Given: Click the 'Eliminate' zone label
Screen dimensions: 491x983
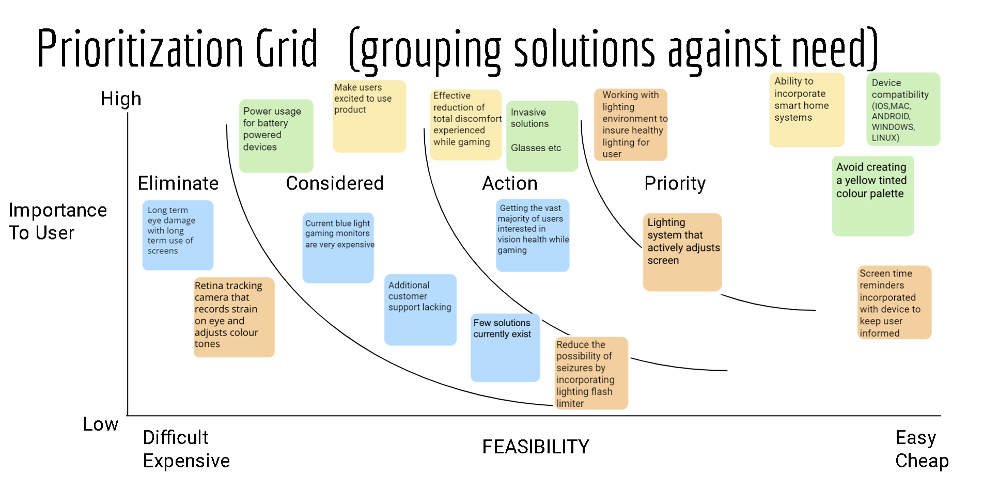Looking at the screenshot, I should click(178, 183).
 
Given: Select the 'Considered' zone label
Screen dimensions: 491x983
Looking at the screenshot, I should click(335, 183).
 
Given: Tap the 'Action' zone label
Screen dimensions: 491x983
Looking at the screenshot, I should click(510, 183).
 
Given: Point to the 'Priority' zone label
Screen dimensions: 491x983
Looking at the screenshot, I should click(675, 183).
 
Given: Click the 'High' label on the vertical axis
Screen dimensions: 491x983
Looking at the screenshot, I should click(121, 99).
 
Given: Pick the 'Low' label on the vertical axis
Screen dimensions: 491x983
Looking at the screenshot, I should click(101, 424).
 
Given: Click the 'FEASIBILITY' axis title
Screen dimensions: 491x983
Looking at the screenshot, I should click(536, 447).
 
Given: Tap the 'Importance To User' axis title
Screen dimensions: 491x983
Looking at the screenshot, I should click(57, 221).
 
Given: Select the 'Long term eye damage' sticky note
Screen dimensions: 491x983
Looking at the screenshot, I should click(178, 235).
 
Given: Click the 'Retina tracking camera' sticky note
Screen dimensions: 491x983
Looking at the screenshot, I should click(234, 317).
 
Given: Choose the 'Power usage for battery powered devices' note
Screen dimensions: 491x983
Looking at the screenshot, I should click(276, 135).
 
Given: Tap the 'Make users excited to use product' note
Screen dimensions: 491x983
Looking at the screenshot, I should click(369, 116).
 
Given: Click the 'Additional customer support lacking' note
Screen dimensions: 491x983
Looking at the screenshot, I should click(420, 309).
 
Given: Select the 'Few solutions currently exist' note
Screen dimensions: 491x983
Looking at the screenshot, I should click(505, 347).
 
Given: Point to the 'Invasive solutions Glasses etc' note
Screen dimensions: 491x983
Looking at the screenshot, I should click(542, 136).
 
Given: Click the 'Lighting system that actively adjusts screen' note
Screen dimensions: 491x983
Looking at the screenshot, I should click(682, 252).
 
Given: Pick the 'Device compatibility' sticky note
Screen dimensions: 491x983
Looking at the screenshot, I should click(903, 109).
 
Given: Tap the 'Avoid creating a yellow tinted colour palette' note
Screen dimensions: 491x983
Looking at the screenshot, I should click(872, 196).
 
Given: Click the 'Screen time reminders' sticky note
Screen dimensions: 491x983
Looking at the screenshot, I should click(894, 303).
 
